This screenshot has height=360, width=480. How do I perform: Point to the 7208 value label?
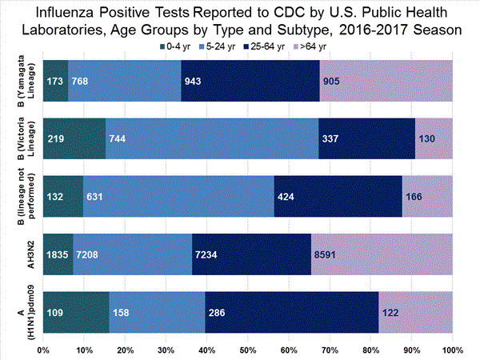tap(89, 254)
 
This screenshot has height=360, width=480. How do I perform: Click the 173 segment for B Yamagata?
tap(56, 81)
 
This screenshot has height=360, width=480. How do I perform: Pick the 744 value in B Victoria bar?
tap(118, 138)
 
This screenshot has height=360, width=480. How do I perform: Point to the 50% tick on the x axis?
tap(247, 350)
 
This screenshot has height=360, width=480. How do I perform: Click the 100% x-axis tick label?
tap(451, 350)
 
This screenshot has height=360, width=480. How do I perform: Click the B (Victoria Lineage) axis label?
tap(23, 138)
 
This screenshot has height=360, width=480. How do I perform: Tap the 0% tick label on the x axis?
tap(43, 350)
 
